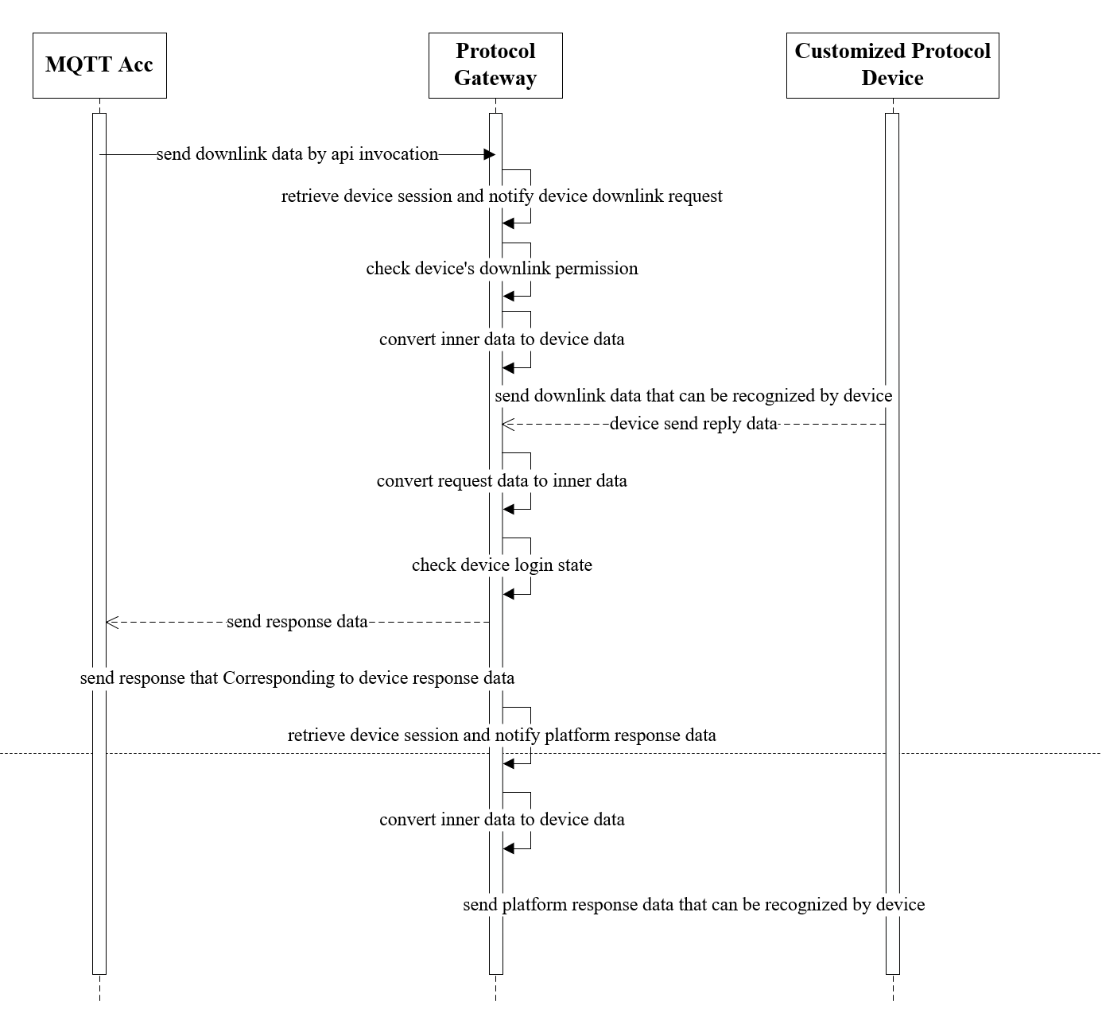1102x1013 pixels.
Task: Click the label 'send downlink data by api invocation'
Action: [x=297, y=154]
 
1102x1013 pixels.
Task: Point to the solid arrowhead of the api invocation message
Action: [x=490, y=155]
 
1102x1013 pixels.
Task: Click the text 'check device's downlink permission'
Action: [x=502, y=269]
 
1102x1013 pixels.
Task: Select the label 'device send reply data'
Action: [x=694, y=424]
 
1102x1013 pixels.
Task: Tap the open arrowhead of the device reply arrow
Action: [x=508, y=425]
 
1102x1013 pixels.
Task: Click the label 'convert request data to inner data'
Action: [x=502, y=481]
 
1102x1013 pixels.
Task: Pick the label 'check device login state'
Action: [x=502, y=565]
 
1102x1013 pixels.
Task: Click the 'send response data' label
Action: [x=297, y=622]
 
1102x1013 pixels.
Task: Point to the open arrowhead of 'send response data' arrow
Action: [x=112, y=623]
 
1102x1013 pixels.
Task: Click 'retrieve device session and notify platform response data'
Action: [x=502, y=735]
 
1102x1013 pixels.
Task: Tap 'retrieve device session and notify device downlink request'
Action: [x=502, y=196]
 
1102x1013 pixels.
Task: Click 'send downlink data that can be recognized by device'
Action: [x=693, y=396]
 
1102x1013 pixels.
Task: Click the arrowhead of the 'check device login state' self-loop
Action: [x=509, y=594]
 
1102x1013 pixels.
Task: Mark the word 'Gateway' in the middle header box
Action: [x=495, y=79]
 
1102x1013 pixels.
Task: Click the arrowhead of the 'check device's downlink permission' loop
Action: [x=509, y=297]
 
